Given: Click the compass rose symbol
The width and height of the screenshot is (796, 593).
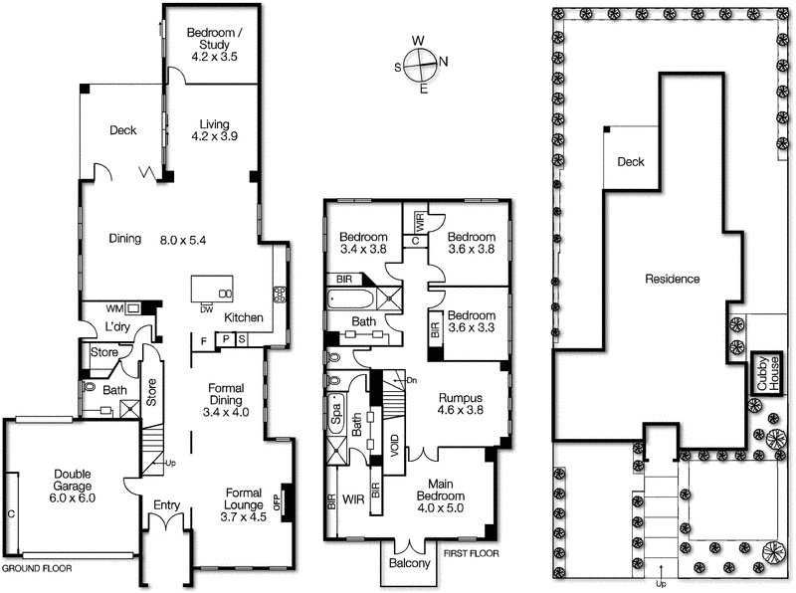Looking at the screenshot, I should [422, 65].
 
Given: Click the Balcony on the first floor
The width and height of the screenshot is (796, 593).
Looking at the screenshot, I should [410, 564].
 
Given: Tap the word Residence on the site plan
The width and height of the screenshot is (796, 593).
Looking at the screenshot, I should [672, 279].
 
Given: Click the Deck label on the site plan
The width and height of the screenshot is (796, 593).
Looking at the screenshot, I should [631, 162].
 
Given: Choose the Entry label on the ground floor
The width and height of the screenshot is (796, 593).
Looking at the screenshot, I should [165, 505].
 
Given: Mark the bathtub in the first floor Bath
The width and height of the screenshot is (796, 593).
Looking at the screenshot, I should [348, 297].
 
